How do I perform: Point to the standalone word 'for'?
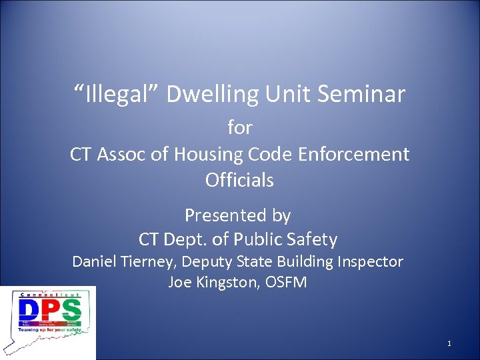240,127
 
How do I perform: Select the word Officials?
239,180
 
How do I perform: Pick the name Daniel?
96,261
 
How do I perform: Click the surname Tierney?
147,261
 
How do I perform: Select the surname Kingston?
227,282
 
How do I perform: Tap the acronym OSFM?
286,282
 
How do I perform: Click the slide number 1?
449,343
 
